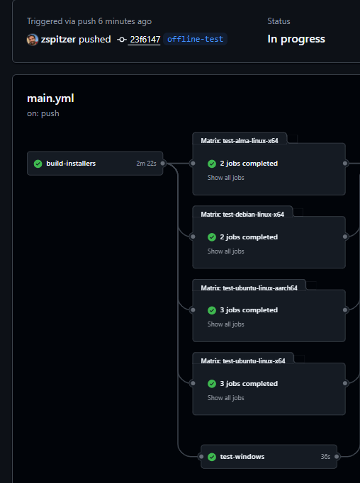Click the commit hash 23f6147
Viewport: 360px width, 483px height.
point(145,40)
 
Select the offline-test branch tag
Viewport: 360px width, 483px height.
point(195,39)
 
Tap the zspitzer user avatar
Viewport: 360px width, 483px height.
point(33,40)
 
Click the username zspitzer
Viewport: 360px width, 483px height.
point(58,40)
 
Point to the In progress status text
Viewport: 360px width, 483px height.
point(296,39)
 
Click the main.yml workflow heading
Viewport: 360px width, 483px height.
point(50,98)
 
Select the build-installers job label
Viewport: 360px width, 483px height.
point(71,164)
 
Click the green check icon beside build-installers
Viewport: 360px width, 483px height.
point(38,164)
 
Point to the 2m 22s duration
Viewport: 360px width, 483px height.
point(146,164)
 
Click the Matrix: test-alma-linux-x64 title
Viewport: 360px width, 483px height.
point(240,141)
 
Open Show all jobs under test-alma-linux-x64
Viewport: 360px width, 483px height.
point(225,178)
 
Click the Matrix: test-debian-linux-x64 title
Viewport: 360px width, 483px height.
point(242,215)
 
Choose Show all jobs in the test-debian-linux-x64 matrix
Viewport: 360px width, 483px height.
point(225,251)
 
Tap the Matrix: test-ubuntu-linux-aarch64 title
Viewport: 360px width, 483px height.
point(249,288)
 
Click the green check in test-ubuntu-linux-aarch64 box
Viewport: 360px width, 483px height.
point(212,310)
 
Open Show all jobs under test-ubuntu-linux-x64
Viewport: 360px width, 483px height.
point(225,398)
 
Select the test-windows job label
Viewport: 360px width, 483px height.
point(242,457)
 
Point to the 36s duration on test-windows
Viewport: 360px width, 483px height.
point(325,457)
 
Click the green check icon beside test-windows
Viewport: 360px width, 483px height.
point(212,457)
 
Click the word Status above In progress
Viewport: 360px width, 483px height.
point(279,21)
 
